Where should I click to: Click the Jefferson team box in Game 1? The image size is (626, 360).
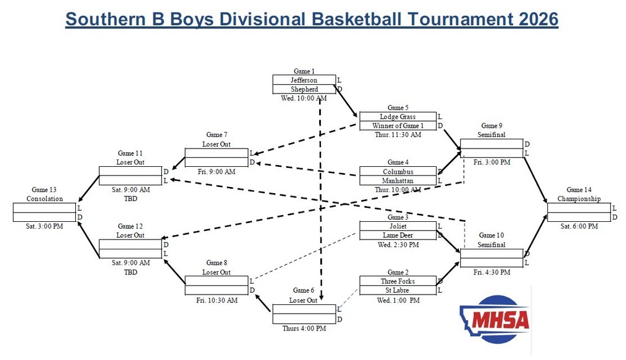pyautogui.click(x=304, y=80)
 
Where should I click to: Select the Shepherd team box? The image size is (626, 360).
pyautogui.click(x=304, y=89)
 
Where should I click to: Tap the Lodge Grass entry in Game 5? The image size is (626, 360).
pyautogui.click(x=397, y=117)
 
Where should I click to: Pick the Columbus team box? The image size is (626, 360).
pyautogui.click(x=397, y=172)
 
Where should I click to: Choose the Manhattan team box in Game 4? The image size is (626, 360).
pyautogui.click(x=397, y=181)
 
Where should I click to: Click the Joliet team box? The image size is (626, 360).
pyautogui.click(x=397, y=226)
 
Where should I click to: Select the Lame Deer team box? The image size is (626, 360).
pyautogui.click(x=397, y=235)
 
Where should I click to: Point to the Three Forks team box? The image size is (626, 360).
pyautogui.click(x=397, y=281)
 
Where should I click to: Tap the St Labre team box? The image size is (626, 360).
pyautogui.click(x=397, y=290)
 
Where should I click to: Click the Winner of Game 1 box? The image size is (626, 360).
pyautogui.click(x=397, y=126)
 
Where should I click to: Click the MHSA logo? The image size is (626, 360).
pyautogui.click(x=495, y=318)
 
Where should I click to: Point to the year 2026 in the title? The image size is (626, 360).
pyautogui.click(x=539, y=19)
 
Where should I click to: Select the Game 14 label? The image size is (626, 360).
pyautogui.click(x=578, y=190)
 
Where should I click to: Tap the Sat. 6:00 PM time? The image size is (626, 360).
pyautogui.click(x=578, y=226)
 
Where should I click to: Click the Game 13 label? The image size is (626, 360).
pyautogui.click(x=45, y=190)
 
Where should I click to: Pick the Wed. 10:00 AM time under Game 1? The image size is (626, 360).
pyautogui.click(x=304, y=98)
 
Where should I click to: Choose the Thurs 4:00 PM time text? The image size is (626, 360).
pyautogui.click(x=304, y=328)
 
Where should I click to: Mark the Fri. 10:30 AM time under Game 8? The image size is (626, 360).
pyautogui.click(x=216, y=300)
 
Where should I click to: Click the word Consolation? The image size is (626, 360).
pyautogui.click(x=45, y=199)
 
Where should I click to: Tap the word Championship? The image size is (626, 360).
pyautogui.click(x=578, y=199)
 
